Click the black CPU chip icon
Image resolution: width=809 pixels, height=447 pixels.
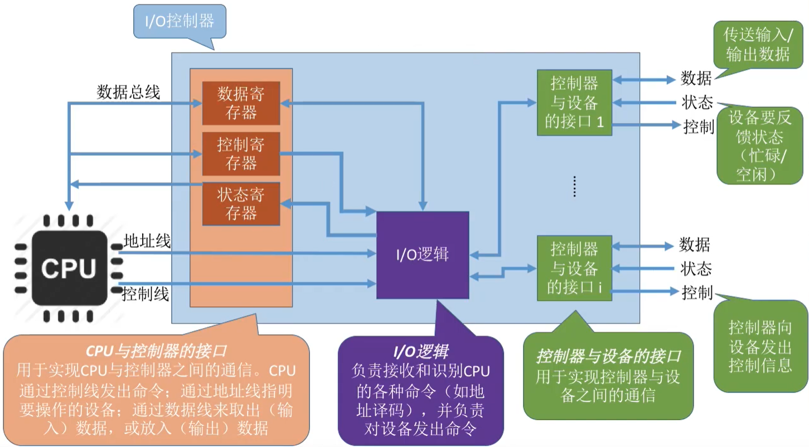tap(69, 267)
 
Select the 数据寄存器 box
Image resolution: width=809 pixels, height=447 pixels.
tap(241, 103)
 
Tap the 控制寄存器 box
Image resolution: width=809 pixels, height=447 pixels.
tap(241, 154)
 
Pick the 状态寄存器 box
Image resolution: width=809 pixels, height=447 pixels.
tap(241, 204)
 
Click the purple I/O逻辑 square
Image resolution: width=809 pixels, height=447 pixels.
tap(423, 255)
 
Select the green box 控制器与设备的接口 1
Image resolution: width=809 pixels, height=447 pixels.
tap(574, 102)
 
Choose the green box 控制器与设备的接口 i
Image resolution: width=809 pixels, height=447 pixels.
tap(574, 268)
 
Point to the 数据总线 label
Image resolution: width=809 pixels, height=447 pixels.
tap(128, 92)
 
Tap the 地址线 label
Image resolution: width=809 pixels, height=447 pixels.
tap(147, 241)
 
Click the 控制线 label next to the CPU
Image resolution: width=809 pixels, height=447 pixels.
tap(146, 294)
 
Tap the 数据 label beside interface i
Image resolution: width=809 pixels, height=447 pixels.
tap(694, 244)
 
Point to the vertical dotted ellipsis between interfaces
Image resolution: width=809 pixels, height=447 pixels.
tap(575, 186)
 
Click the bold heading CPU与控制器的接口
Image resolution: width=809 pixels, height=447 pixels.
tap(156, 352)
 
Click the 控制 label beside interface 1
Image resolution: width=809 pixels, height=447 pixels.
tap(699, 127)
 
